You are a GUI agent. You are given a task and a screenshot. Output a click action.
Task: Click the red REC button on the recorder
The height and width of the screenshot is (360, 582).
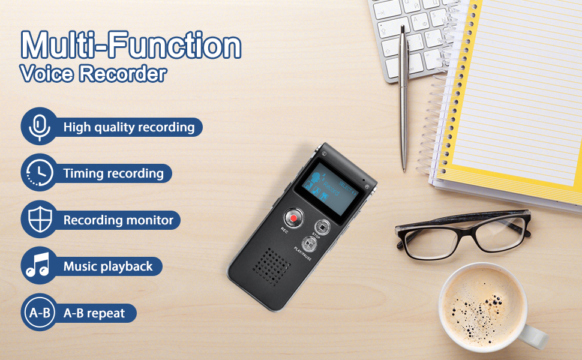coord(293,216)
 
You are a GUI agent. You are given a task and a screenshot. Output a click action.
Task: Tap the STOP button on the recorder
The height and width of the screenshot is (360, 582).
coord(323,228)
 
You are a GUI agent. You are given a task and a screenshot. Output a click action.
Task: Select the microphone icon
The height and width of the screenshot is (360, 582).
coord(39,127)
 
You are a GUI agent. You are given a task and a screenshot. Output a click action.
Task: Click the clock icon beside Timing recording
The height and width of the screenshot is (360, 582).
coord(39,173)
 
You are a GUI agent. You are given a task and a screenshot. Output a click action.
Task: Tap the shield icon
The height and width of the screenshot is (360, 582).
coord(39,220)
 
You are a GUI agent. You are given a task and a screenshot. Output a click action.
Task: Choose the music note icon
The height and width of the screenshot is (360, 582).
coord(39,266)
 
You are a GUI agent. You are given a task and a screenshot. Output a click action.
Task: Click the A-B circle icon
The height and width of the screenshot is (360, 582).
coord(39,313)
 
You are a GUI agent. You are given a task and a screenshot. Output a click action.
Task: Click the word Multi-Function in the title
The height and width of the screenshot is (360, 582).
coord(131,44)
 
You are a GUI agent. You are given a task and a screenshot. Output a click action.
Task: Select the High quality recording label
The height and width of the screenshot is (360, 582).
coord(129,127)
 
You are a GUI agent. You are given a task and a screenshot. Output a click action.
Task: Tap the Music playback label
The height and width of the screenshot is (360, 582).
coord(108,266)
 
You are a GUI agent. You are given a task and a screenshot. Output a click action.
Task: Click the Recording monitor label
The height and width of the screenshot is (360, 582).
coord(118,220)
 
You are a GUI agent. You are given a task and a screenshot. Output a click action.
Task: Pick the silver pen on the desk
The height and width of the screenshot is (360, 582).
coord(403,96)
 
